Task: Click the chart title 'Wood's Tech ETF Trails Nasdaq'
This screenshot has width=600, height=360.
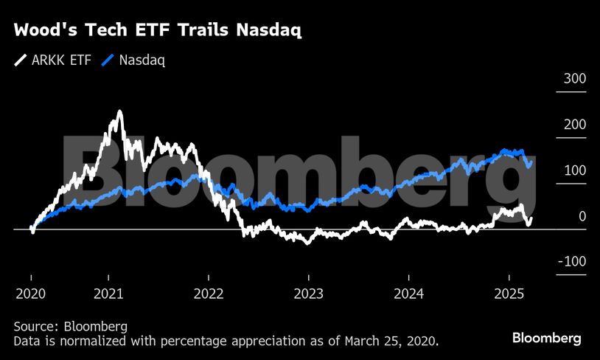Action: (158, 30)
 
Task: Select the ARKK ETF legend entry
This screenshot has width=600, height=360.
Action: (52, 60)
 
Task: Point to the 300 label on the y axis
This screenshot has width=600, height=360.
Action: (574, 79)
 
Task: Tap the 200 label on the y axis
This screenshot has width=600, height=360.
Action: (574, 125)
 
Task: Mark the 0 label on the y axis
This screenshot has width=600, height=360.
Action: (582, 216)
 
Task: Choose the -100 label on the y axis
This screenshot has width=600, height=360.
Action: (572, 262)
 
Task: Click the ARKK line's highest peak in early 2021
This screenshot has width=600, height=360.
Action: (119, 112)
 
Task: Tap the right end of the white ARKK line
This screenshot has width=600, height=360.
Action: (532, 218)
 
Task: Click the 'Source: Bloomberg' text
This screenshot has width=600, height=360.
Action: (71, 326)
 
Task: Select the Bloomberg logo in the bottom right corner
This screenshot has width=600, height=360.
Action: (547, 338)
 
